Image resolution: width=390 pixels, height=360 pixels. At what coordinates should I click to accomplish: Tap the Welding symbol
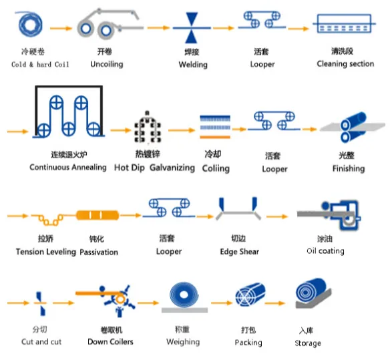(192, 27)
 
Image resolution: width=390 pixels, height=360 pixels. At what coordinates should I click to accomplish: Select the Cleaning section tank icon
(344, 23)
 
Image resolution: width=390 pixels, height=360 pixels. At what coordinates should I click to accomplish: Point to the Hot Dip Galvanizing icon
(148, 128)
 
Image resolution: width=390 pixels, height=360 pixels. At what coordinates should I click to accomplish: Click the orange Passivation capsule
(97, 215)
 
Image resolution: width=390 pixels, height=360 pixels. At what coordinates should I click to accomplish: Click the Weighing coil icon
(184, 298)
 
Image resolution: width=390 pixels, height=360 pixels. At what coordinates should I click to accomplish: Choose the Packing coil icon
(250, 295)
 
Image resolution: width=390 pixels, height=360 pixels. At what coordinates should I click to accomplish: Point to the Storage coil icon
(313, 294)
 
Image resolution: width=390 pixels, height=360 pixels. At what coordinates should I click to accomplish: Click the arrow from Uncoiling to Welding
(158, 27)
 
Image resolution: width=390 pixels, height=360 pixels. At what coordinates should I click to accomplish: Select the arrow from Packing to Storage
(275, 303)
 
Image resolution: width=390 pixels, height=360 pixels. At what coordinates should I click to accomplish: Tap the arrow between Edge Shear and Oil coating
(277, 216)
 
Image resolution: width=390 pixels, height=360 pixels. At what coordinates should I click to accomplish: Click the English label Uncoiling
(107, 64)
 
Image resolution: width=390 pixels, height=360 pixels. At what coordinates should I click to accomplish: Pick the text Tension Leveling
(46, 252)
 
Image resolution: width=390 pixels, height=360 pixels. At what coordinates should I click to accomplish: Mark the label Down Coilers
(110, 341)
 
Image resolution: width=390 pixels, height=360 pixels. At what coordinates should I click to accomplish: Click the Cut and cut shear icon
(40, 303)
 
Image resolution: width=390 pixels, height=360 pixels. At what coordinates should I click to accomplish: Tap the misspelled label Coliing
(216, 168)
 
